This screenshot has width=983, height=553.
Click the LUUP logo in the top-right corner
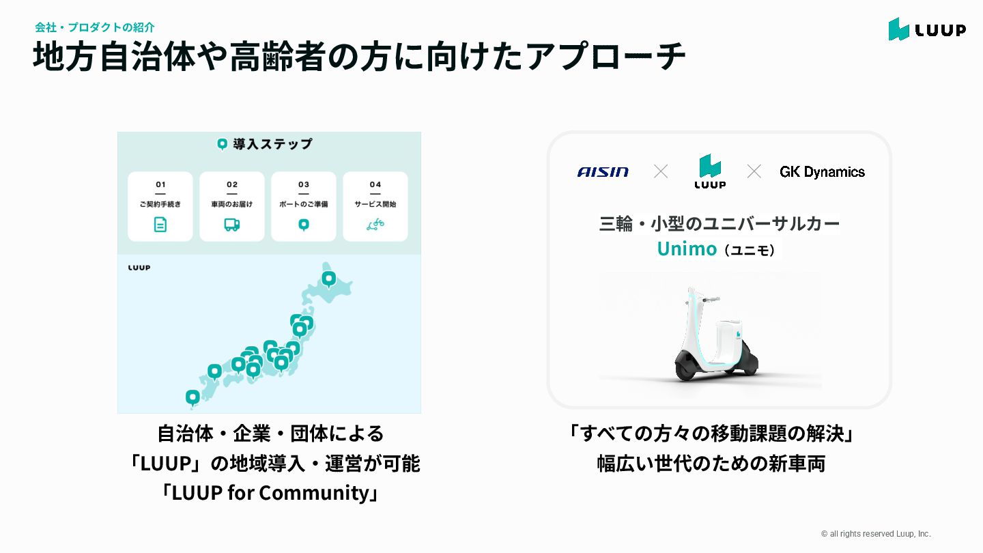coord(926,29)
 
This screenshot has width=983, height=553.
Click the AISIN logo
coord(603,172)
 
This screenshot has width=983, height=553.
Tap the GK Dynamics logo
coord(822,172)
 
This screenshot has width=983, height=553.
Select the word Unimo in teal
coord(687,249)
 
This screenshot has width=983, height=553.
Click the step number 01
coord(160,184)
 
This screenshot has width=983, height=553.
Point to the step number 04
coord(375,184)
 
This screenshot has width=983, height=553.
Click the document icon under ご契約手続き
coord(160,225)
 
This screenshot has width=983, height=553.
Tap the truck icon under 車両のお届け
coord(232,225)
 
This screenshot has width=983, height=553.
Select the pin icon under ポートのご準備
coord(304,225)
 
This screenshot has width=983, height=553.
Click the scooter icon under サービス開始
coord(375,225)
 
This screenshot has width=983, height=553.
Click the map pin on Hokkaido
coord(329,279)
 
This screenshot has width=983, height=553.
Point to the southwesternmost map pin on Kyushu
coord(193,396)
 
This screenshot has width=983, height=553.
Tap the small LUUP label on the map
coord(139,268)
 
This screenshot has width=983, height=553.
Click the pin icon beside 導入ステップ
coord(222,144)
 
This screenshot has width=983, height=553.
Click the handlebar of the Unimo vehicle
coord(709,298)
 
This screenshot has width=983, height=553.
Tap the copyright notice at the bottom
coord(876,534)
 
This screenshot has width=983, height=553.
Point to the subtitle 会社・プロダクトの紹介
coord(95,27)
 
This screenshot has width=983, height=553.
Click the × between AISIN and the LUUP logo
coord(661,171)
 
